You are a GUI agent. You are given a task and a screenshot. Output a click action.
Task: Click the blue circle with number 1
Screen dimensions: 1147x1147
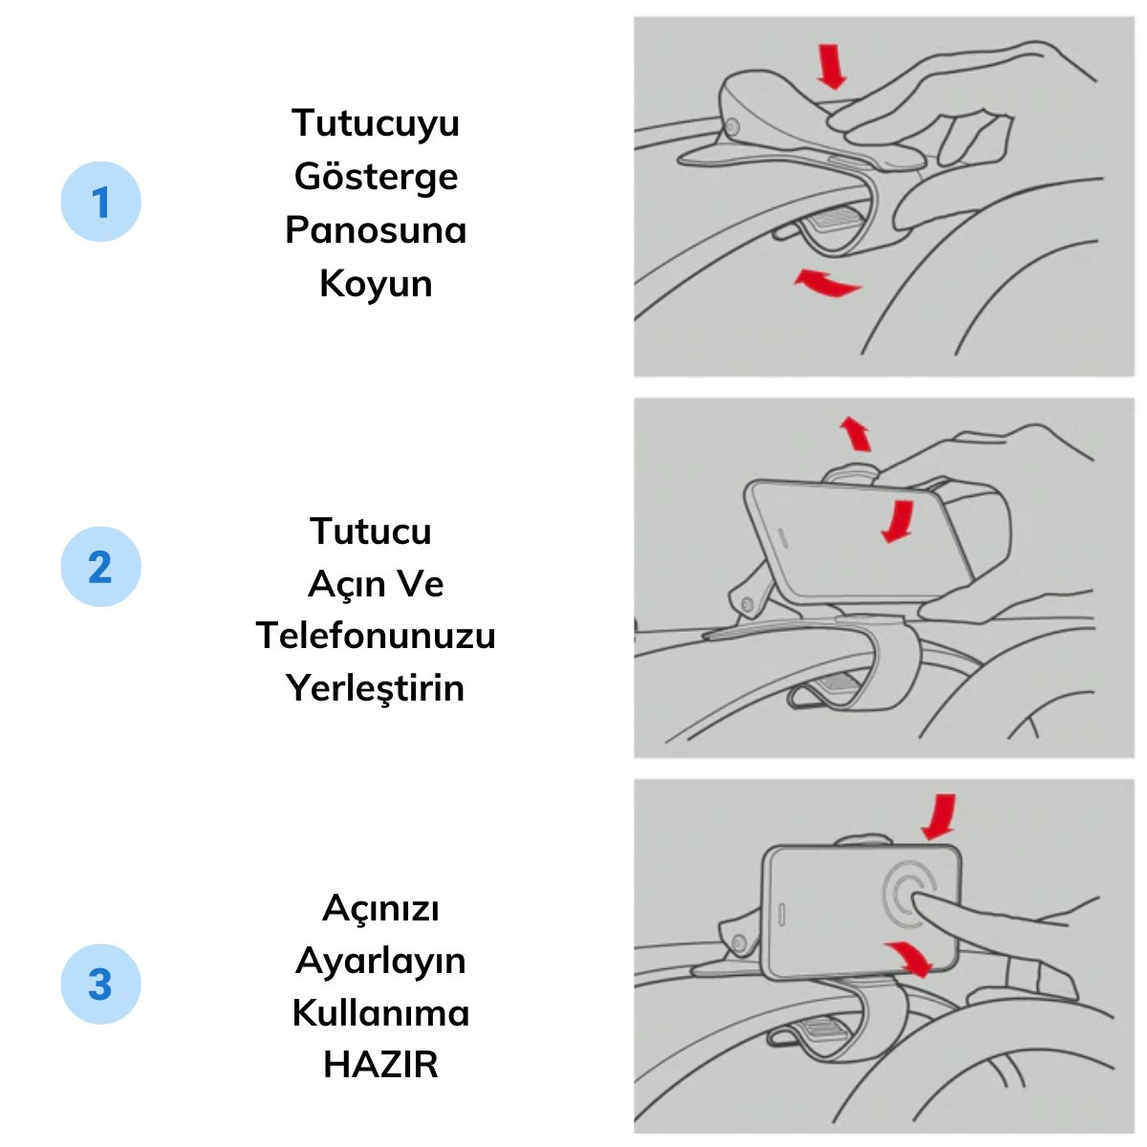(100, 202)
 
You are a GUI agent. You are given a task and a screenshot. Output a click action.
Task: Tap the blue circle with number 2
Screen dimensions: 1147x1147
(100, 567)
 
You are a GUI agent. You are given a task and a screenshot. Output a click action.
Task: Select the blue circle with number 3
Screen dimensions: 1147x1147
(100, 985)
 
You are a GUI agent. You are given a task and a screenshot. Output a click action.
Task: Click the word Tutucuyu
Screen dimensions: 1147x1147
(376, 123)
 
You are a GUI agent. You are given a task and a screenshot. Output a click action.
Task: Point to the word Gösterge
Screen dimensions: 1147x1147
(376, 177)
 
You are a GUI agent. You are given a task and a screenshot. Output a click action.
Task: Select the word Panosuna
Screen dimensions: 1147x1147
(376, 230)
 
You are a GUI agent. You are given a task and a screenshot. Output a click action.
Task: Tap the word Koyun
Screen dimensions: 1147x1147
(376, 284)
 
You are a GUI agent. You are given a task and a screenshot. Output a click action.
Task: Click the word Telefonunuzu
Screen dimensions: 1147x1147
(376, 636)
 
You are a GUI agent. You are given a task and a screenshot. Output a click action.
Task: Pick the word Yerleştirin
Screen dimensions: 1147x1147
(376, 688)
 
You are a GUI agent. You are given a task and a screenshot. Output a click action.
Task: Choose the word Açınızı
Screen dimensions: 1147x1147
(380, 908)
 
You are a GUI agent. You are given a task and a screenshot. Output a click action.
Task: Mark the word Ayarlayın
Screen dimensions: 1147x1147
(380, 961)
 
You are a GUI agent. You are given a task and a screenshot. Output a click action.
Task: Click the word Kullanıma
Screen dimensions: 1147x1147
(380, 1013)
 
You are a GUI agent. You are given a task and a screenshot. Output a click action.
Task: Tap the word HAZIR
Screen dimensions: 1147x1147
(380, 1065)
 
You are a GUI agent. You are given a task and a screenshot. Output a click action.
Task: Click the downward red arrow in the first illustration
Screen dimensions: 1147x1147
(832, 67)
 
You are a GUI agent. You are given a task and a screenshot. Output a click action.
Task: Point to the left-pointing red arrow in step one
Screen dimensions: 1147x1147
(827, 283)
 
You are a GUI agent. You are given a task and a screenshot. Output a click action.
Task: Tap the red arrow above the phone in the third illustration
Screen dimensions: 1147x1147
(940, 817)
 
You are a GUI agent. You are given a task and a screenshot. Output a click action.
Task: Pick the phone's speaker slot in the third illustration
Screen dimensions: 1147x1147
(781, 914)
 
